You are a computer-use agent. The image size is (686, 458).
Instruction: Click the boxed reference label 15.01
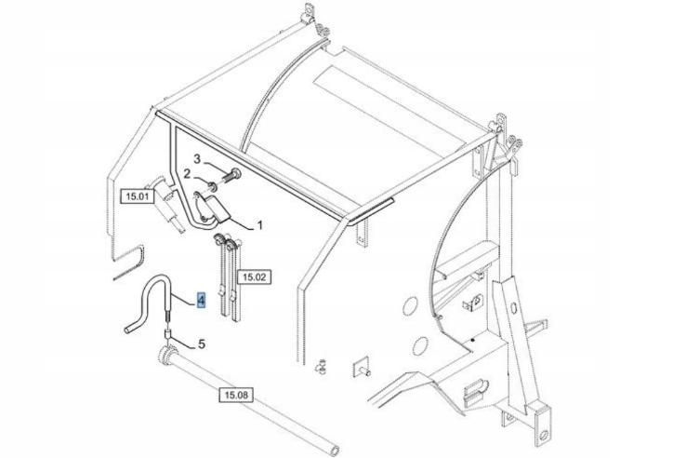click(x=138, y=195)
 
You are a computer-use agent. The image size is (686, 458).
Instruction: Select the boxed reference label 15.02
click(x=254, y=277)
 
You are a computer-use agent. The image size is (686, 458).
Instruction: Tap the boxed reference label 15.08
click(x=236, y=396)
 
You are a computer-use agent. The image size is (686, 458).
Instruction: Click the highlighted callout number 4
click(x=202, y=301)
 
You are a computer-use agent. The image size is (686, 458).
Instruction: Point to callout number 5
click(x=202, y=344)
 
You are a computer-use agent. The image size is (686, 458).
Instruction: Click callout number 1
click(x=260, y=225)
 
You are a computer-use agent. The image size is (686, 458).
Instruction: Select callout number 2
click(x=187, y=174)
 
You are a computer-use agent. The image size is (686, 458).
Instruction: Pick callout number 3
click(x=197, y=158)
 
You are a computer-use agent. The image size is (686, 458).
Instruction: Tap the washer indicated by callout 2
click(x=212, y=187)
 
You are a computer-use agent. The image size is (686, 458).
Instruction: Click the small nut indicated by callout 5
click(x=166, y=335)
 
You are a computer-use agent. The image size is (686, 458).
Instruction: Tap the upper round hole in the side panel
click(x=410, y=305)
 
